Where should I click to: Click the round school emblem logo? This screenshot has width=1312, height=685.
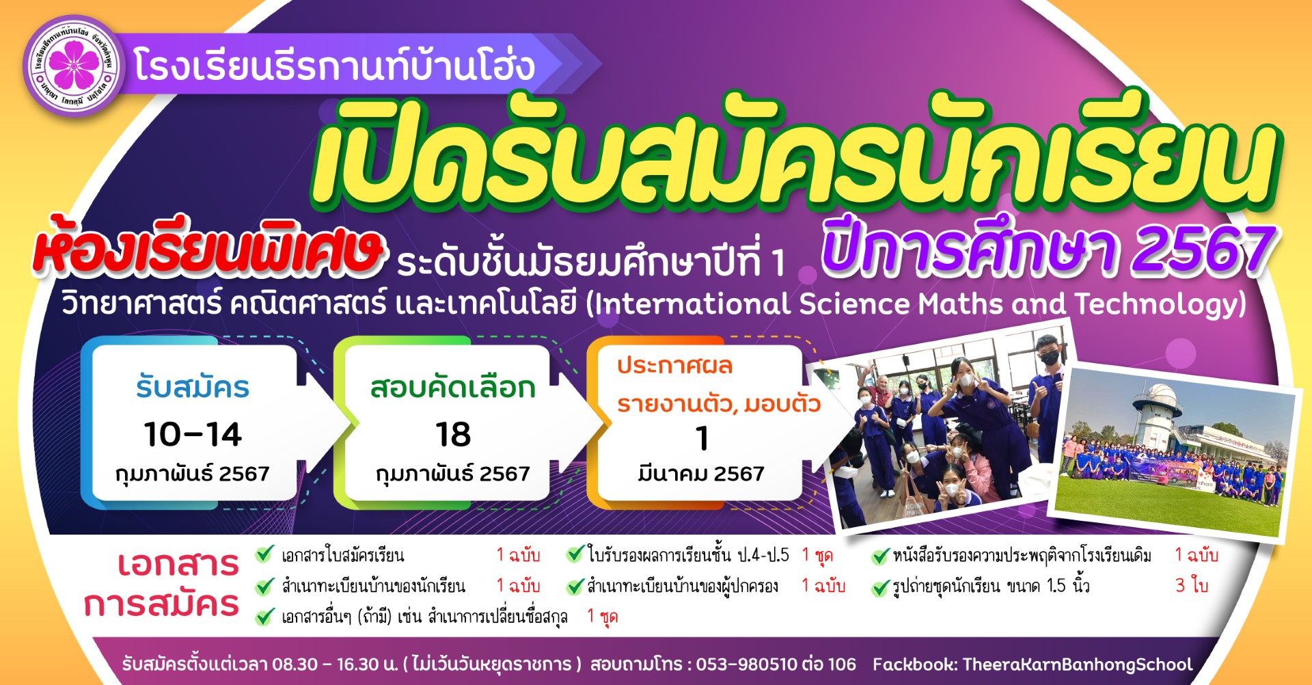[x=74, y=66]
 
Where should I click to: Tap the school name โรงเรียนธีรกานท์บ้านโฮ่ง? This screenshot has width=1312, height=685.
[x=334, y=66]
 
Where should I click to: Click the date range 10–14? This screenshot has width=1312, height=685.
[x=193, y=435]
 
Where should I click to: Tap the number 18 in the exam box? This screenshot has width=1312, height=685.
[x=453, y=435]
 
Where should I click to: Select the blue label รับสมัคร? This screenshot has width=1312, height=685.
[x=193, y=388]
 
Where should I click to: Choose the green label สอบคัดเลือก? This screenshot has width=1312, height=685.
[x=453, y=388]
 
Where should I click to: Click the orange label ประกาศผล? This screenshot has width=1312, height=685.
[x=674, y=366]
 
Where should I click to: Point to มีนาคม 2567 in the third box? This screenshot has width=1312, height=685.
[x=701, y=473]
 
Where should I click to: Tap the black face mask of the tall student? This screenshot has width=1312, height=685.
[x=1049, y=356]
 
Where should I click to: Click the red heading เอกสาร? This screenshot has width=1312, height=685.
[x=178, y=564]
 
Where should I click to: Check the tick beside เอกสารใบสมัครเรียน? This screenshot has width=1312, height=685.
[x=264, y=554]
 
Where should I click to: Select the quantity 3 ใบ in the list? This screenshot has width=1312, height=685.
[x=1191, y=585]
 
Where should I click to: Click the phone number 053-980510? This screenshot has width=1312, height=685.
[x=747, y=664]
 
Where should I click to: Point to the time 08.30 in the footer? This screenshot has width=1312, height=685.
[x=295, y=664]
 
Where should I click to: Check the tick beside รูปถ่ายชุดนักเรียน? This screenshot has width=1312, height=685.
[x=881, y=587]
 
